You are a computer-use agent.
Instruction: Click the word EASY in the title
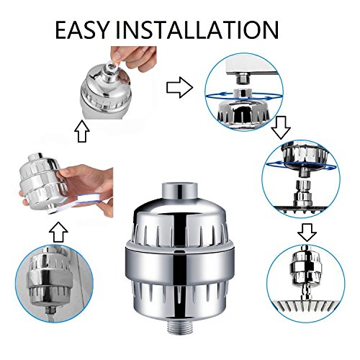point(82,30)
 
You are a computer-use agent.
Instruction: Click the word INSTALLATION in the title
point(197,30)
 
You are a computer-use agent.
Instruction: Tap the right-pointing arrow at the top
point(179,87)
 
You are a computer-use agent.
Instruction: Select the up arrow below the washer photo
point(82,131)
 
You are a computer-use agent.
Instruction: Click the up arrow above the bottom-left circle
point(58,232)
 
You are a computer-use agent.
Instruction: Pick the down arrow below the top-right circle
point(281,127)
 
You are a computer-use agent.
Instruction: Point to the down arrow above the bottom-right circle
point(307,233)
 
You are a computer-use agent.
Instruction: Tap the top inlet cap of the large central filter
point(179,192)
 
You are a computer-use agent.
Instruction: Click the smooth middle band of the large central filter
point(179,264)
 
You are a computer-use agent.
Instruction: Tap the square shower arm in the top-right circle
point(252,68)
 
